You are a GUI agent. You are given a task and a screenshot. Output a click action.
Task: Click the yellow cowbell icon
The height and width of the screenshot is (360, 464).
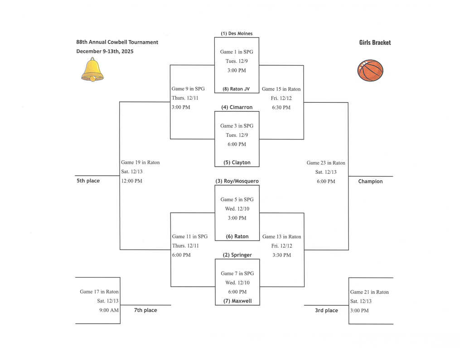click(92, 70)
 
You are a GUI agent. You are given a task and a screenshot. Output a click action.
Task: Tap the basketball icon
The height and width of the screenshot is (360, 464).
click(370, 71)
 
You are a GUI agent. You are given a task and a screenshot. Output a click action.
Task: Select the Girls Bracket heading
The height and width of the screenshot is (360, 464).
click(375, 43)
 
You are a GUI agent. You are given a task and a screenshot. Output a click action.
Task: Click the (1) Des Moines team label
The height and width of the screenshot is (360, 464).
click(237, 34)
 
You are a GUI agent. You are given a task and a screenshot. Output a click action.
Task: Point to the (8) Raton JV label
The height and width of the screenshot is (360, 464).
click(236, 89)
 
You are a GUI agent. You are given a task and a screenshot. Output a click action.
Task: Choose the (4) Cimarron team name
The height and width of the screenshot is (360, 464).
click(237, 107)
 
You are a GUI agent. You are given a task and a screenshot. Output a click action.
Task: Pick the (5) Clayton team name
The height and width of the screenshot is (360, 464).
click(237, 163)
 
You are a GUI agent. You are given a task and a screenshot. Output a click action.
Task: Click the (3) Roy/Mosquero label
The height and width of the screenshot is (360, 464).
click(237, 181)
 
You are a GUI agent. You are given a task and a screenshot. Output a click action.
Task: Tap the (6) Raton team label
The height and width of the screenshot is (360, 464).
click(237, 236)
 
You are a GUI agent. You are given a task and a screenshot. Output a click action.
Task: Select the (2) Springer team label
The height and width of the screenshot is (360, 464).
click(237, 255)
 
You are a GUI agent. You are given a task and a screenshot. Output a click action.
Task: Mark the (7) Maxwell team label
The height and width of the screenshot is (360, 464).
click(237, 301)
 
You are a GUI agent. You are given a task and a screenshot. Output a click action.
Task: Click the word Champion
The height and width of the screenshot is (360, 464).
click(370, 182)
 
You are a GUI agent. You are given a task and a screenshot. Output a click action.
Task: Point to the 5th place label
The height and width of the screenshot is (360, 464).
click(88, 181)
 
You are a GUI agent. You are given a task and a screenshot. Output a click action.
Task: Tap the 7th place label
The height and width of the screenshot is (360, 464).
click(145, 310)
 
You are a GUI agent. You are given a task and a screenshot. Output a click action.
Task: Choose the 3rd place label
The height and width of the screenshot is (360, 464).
click(326, 311)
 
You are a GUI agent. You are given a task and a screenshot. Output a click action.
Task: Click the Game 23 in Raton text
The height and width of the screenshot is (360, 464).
click(326, 163)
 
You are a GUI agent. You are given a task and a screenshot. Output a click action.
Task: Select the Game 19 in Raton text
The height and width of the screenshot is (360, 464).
click(140, 163)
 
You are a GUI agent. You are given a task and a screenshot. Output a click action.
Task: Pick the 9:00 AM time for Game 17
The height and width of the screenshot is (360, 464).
click(109, 310)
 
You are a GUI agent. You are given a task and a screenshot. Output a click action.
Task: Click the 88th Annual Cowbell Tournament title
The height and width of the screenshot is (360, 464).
click(117, 42)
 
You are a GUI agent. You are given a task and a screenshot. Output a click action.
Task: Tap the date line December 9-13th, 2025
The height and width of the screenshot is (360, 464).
click(105, 51)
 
